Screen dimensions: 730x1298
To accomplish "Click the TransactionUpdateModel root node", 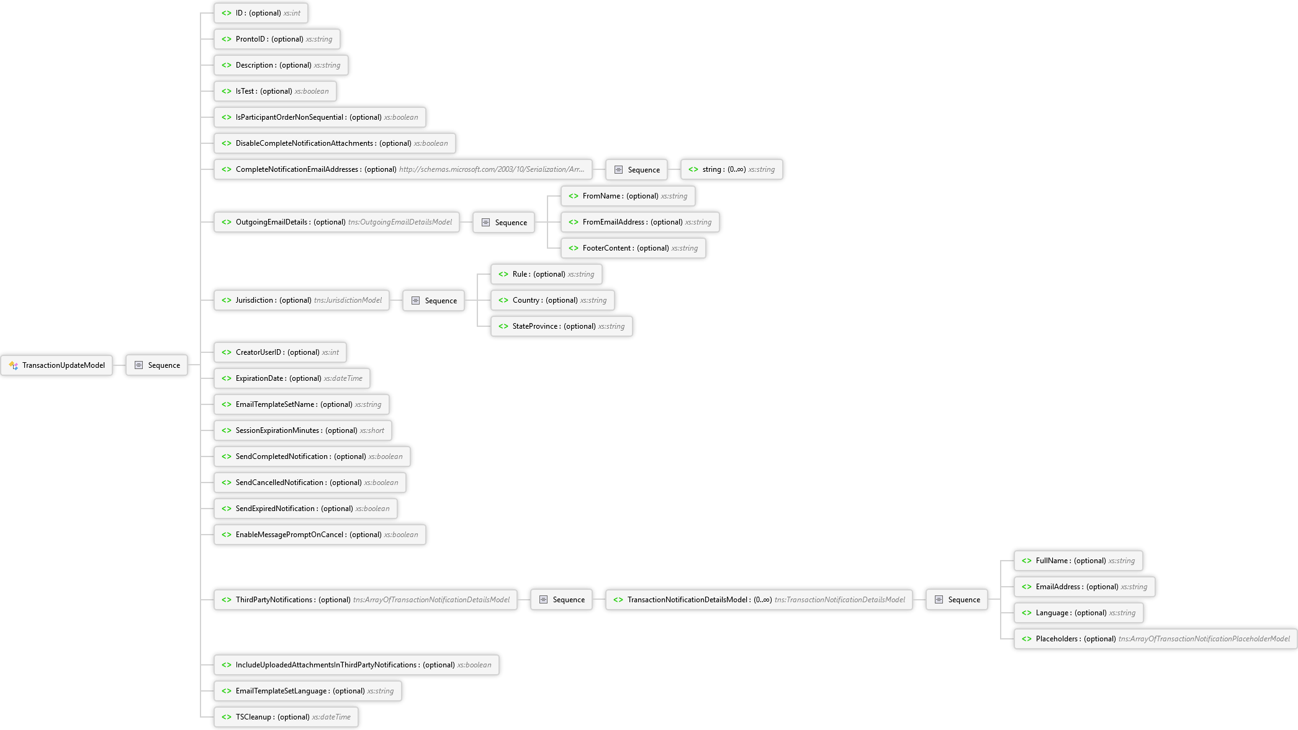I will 57,365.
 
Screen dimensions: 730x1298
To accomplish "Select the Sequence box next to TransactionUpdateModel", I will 157,365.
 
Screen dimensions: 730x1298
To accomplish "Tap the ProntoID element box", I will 277,39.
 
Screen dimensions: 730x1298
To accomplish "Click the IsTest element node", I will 275,91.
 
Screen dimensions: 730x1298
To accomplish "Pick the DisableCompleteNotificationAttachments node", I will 335,143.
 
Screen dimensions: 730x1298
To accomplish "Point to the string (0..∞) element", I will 732,169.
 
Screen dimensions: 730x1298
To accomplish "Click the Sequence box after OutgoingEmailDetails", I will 504,222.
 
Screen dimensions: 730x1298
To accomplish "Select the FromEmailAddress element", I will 640,222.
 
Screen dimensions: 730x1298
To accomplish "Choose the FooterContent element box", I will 633,248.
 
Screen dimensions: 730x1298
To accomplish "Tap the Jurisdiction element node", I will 302,300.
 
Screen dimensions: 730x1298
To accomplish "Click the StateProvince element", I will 562,326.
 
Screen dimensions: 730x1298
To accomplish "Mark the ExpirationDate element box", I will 292,378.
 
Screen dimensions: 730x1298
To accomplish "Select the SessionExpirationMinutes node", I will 303,430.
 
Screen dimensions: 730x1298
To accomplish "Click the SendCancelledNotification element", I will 310,483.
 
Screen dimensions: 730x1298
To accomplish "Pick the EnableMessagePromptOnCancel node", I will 320,535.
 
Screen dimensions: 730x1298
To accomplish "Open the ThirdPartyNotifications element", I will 366,600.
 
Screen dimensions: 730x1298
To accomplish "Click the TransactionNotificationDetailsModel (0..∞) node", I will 759,600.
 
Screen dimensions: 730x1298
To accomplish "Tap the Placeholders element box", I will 1155,639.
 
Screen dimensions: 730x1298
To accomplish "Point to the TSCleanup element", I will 286,717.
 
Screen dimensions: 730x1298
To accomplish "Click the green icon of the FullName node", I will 1027,561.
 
